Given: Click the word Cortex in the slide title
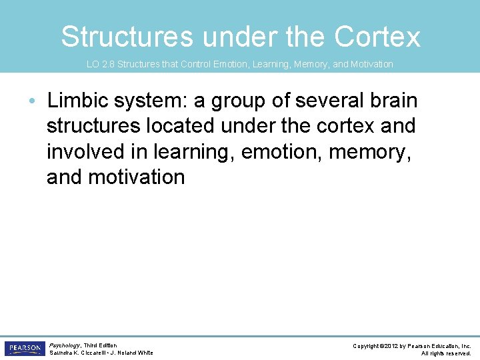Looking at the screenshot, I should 377,37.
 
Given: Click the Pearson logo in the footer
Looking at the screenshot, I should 25,349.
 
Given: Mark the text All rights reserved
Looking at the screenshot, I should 446,353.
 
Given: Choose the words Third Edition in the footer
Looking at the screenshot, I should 101,345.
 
